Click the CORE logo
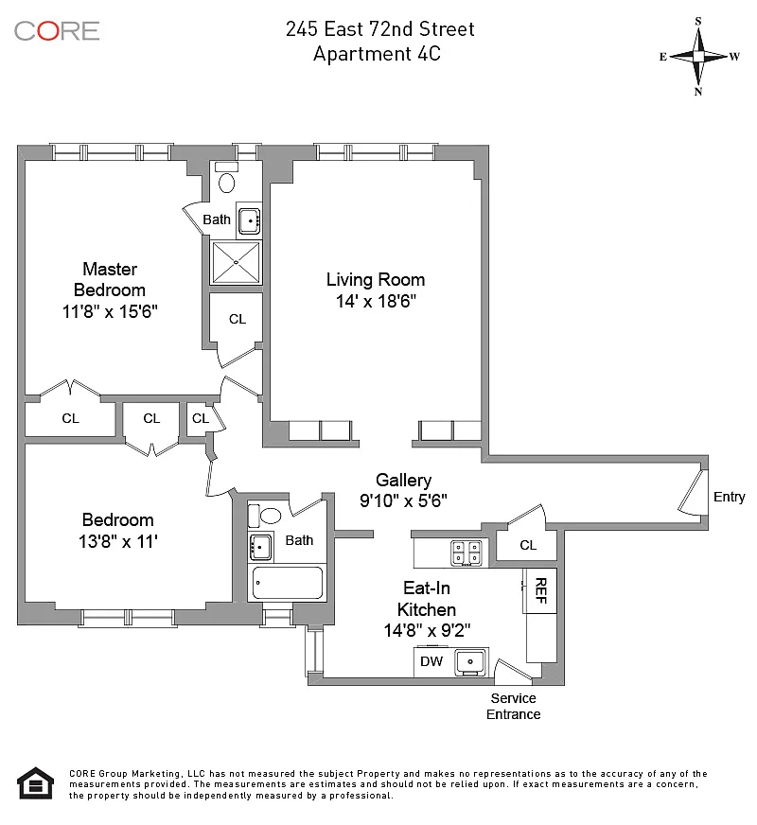point(57,30)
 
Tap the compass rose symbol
point(698,56)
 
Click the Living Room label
point(376,279)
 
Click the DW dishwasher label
point(431,661)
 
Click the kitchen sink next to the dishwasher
point(470,661)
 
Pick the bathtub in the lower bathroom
point(286,584)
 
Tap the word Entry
point(729,497)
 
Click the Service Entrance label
point(513,706)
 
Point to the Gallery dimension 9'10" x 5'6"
point(403,500)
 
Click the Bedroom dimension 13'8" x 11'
point(118,541)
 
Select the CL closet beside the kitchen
point(528,545)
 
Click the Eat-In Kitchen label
point(426,599)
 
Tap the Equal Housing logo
point(36,783)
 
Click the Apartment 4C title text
point(377,54)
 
